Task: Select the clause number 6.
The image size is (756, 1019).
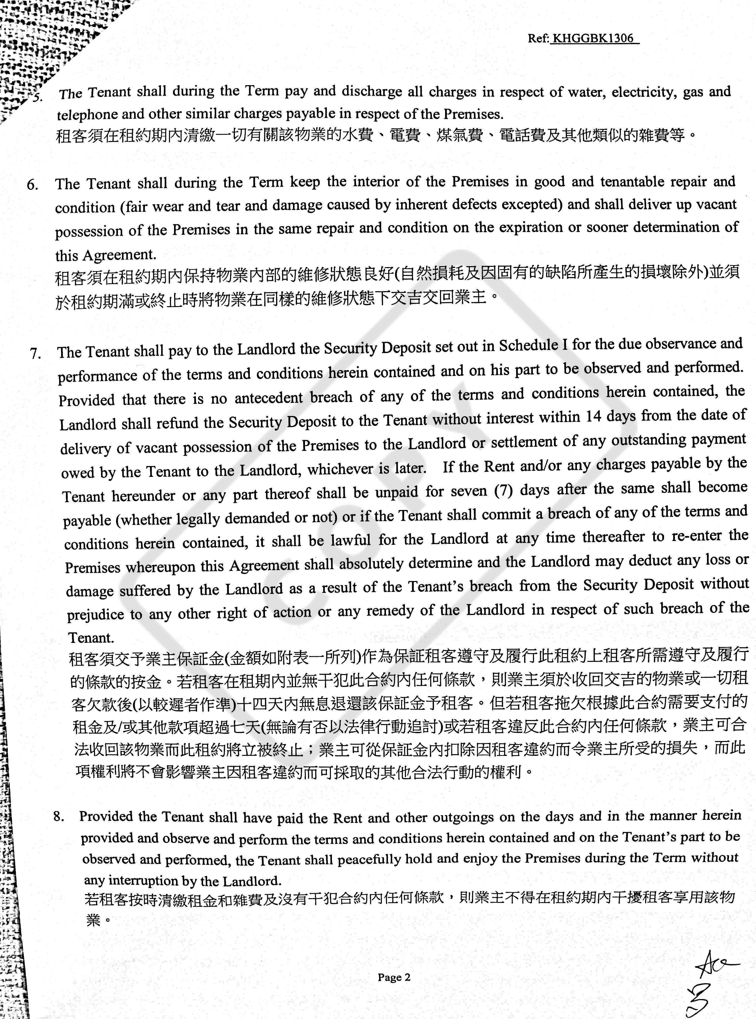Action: click(33, 185)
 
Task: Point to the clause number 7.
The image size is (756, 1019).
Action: click(36, 354)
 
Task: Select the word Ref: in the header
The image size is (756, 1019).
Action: click(538, 38)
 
